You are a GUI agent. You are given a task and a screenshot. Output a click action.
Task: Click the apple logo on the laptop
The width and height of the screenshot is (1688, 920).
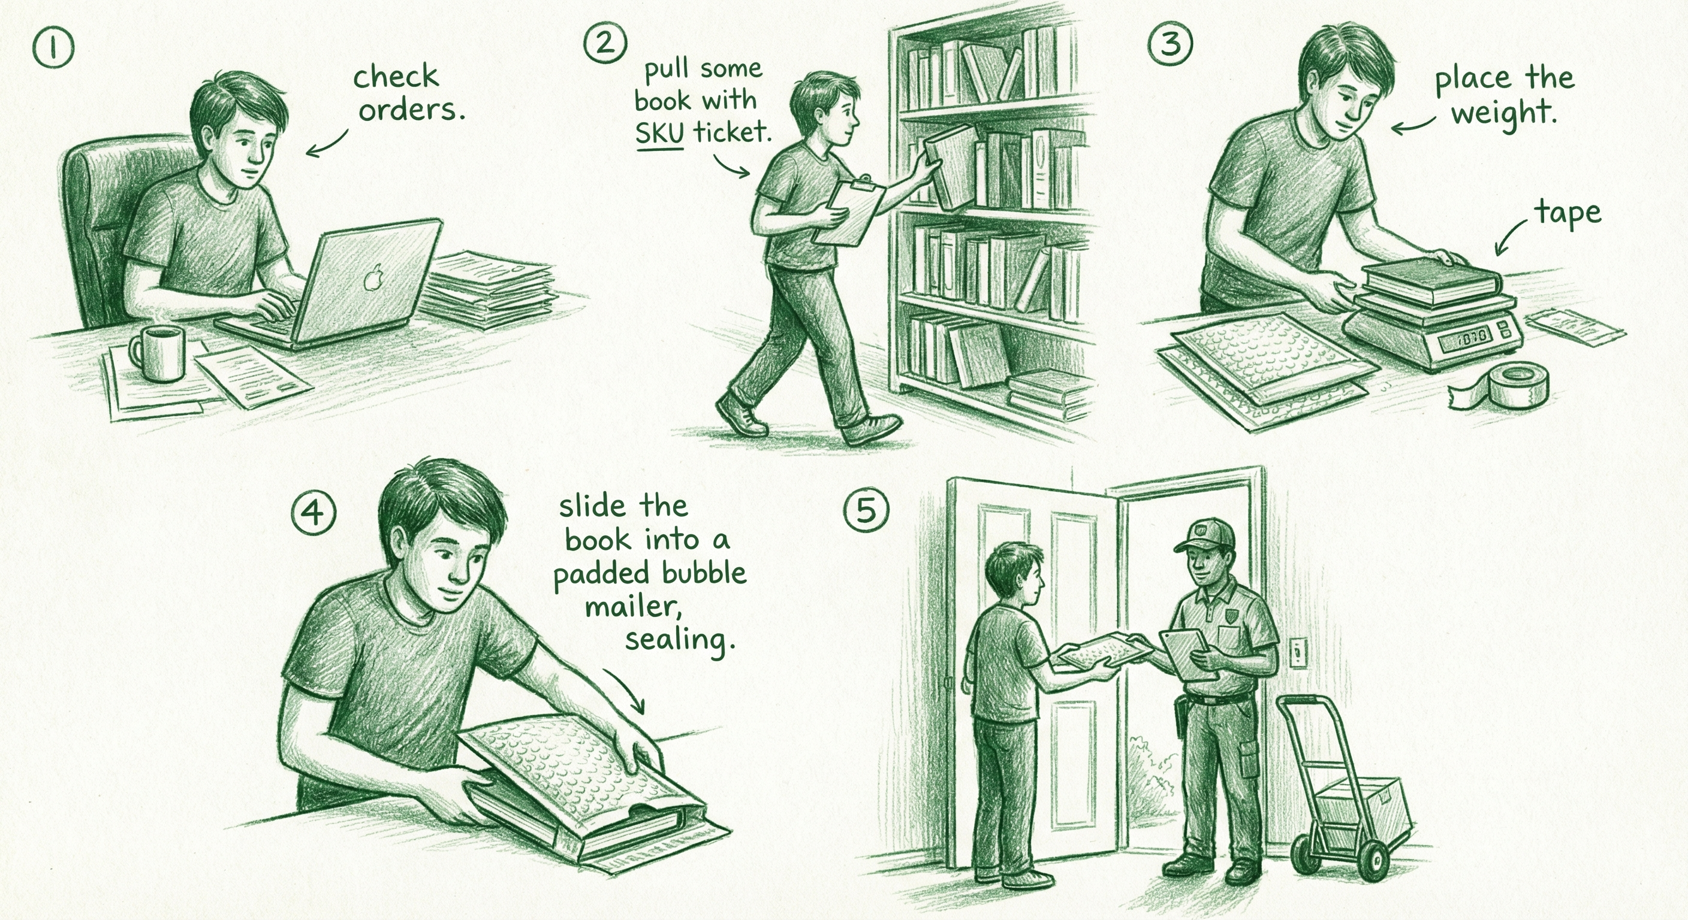[x=373, y=278]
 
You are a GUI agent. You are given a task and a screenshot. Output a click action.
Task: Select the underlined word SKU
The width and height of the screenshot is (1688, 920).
[x=659, y=134]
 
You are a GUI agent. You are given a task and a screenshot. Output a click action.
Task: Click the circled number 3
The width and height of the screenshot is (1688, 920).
[x=1170, y=44]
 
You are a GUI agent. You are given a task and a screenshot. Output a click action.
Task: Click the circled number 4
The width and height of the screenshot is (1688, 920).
[x=314, y=511]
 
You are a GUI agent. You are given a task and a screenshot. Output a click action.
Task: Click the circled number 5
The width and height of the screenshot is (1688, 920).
[x=866, y=510]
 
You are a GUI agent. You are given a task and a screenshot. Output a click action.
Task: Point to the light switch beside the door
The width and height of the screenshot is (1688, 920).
[x=1300, y=653]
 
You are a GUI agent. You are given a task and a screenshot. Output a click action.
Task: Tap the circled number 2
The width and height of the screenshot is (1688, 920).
[x=605, y=43]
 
